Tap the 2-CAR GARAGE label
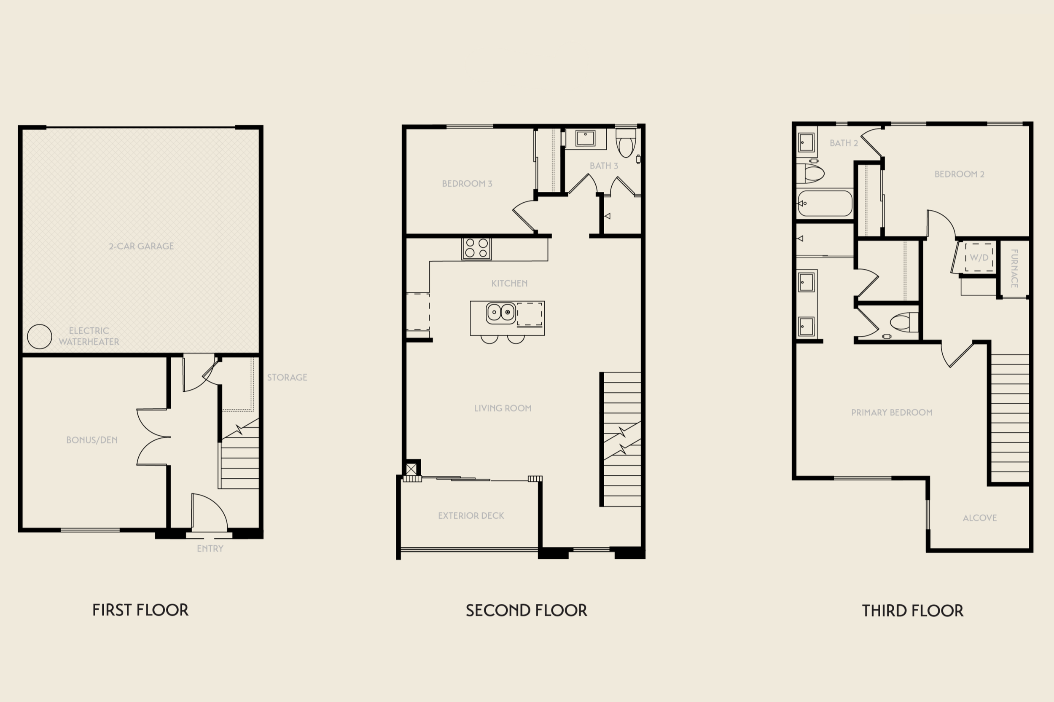[141, 246]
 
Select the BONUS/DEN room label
[92, 440]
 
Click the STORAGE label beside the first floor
[287, 378]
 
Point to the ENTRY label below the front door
[210, 549]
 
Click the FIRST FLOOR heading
[140, 610]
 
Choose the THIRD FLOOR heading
[912, 610]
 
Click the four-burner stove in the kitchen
[476, 249]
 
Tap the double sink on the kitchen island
[501, 312]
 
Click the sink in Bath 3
[585, 138]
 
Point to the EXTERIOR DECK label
[471, 516]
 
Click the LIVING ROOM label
[503, 408]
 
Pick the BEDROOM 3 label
[467, 184]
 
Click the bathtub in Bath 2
[825, 203]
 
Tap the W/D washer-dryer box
[979, 257]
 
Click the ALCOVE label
[980, 518]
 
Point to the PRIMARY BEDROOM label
[892, 413]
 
